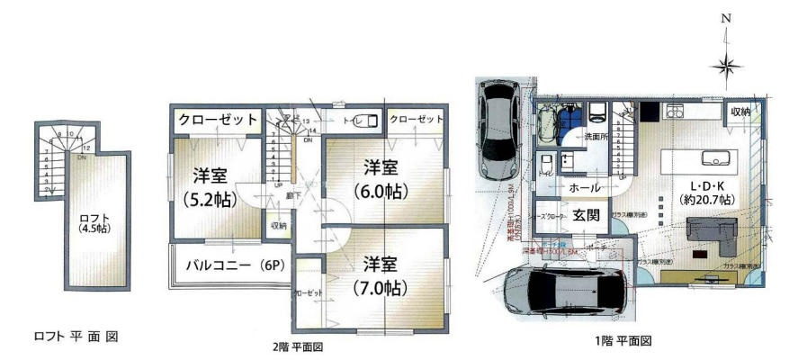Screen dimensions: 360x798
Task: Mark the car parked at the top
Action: pyautogui.click(x=497, y=128)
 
